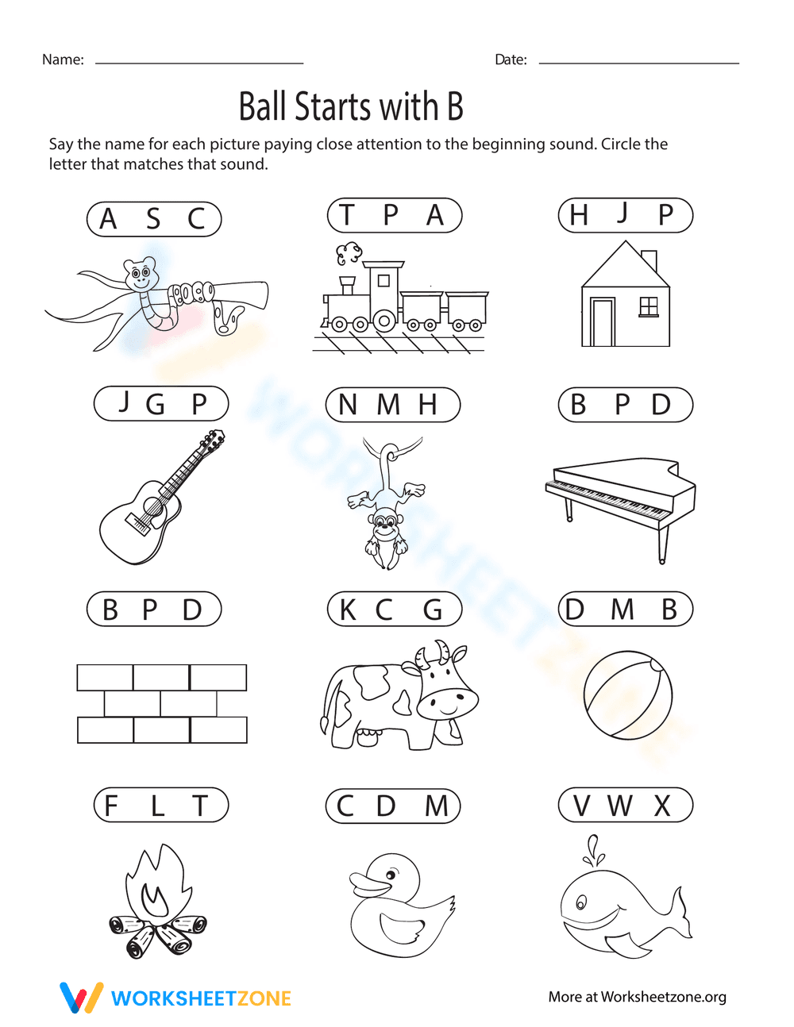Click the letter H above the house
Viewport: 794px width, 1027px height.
(x=579, y=215)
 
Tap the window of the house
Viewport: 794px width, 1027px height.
(x=649, y=306)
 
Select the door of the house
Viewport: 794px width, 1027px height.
(x=603, y=322)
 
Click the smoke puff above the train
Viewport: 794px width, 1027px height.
(x=347, y=254)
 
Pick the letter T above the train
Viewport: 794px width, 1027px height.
(x=346, y=215)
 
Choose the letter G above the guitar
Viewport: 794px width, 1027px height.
(x=155, y=405)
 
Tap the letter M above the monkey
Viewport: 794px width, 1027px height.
(x=388, y=405)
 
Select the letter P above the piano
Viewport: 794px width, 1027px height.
(x=622, y=405)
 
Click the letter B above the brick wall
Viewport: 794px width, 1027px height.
(x=110, y=610)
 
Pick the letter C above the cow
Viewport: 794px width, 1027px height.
(x=384, y=610)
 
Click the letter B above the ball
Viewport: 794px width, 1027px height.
(x=669, y=610)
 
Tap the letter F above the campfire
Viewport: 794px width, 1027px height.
(x=111, y=806)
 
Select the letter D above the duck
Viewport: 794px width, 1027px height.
(x=386, y=806)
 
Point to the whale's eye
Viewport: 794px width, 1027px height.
(x=580, y=903)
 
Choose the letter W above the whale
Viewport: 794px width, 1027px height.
(x=620, y=806)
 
